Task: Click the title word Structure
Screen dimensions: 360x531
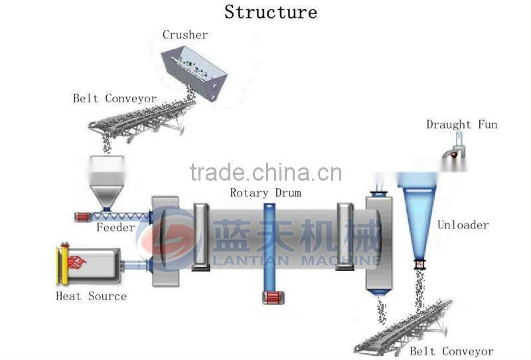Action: [x=270, y=12]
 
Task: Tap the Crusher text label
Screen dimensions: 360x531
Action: [x=185, y=35]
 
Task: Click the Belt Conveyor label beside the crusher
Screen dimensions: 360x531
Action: [x=115, y=98]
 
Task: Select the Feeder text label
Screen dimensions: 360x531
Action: [x=115, y=228]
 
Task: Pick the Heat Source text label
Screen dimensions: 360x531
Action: [x=91, y=296]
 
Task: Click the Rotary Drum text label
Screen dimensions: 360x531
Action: [x=265, y=193]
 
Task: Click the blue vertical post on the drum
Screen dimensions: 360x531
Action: [x=269, y=246]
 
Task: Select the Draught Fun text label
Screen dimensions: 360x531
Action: [x=461, y=125]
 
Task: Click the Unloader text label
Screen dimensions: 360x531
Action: [x=463, y=225]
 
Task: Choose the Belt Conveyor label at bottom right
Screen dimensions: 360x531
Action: [x=451, y=351]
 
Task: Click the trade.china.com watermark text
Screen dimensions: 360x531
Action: [x=265, y=173]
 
